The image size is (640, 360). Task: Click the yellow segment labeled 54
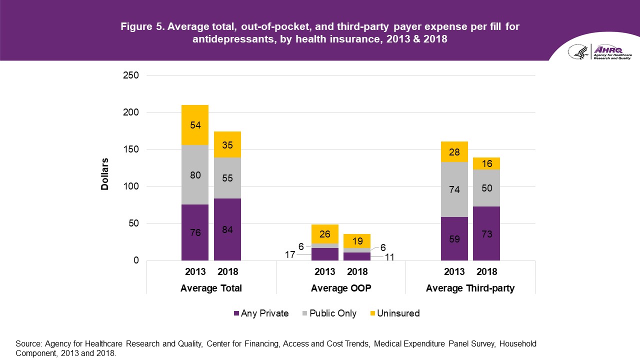coord(195,125)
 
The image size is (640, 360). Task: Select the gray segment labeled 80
coord(195,175)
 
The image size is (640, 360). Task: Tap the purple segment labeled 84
coord(227,229)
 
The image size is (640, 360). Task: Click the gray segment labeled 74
coord(454,189)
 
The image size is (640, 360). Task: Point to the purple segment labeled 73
coord(486,233)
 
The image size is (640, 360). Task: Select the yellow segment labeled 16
coord(486,163)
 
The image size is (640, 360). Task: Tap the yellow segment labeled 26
coord(324,234)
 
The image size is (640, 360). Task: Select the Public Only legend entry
coord(329,313)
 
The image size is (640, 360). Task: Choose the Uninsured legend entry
coord(394,313)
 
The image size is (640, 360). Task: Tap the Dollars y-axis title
coord(105,174)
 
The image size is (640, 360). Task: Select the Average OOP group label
coord(340,288)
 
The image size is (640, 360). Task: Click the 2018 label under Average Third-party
coord(486,272)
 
